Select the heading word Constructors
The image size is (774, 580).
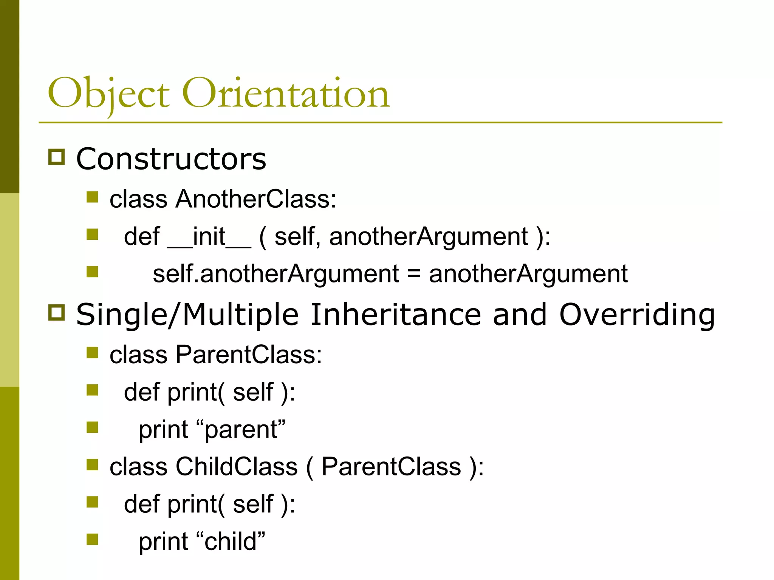[171, 159]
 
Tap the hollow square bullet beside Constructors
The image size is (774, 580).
[57, 157]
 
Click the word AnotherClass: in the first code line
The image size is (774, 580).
[255, 199]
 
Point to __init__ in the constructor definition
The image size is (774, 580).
[209, 237]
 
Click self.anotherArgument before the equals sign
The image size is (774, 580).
[276, 274]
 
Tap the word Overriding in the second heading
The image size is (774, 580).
[637, 315]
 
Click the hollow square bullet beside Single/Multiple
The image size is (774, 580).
[57, 312]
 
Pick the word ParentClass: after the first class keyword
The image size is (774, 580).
[249, 355]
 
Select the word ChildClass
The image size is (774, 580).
[237, 467]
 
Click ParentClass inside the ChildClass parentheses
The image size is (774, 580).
[391, 467]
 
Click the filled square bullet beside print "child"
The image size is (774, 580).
[92, 539]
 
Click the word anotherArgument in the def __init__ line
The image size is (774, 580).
[428, 237]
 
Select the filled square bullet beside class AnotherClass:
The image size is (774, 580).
[92, 197]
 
